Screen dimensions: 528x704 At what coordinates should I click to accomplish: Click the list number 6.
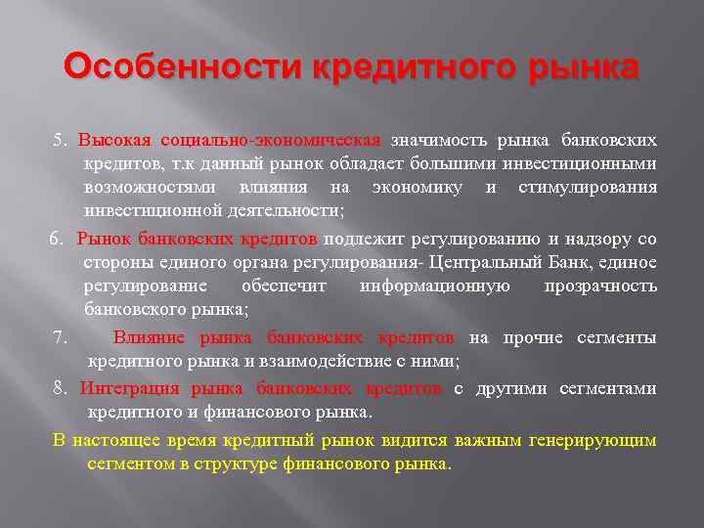pos(58,239)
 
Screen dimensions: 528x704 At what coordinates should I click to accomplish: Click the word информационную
pos(434,286)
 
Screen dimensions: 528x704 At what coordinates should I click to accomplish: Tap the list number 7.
pos(61,338)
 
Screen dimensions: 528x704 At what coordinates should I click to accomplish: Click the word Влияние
pos(152,338)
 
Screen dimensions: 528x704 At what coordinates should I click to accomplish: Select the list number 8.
pos(61,388)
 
